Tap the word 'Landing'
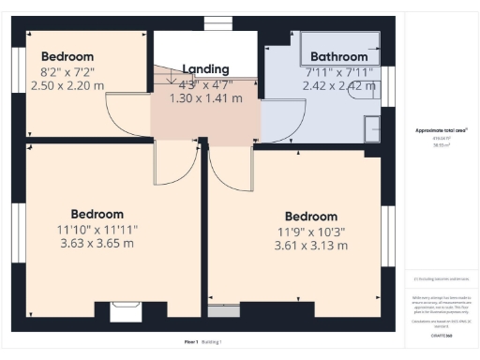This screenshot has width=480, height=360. pyautogui.click(x=205, y=68)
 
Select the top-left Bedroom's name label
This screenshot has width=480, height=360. pyautogui.click(x=67, y=54)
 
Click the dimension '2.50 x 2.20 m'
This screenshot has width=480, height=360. pyautogui.click(x=67, y=84)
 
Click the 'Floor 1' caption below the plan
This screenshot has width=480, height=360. pyautogui.click(x=191, y=341)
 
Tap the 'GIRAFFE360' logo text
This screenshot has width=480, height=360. pyautogui.click(x=442, y=334)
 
